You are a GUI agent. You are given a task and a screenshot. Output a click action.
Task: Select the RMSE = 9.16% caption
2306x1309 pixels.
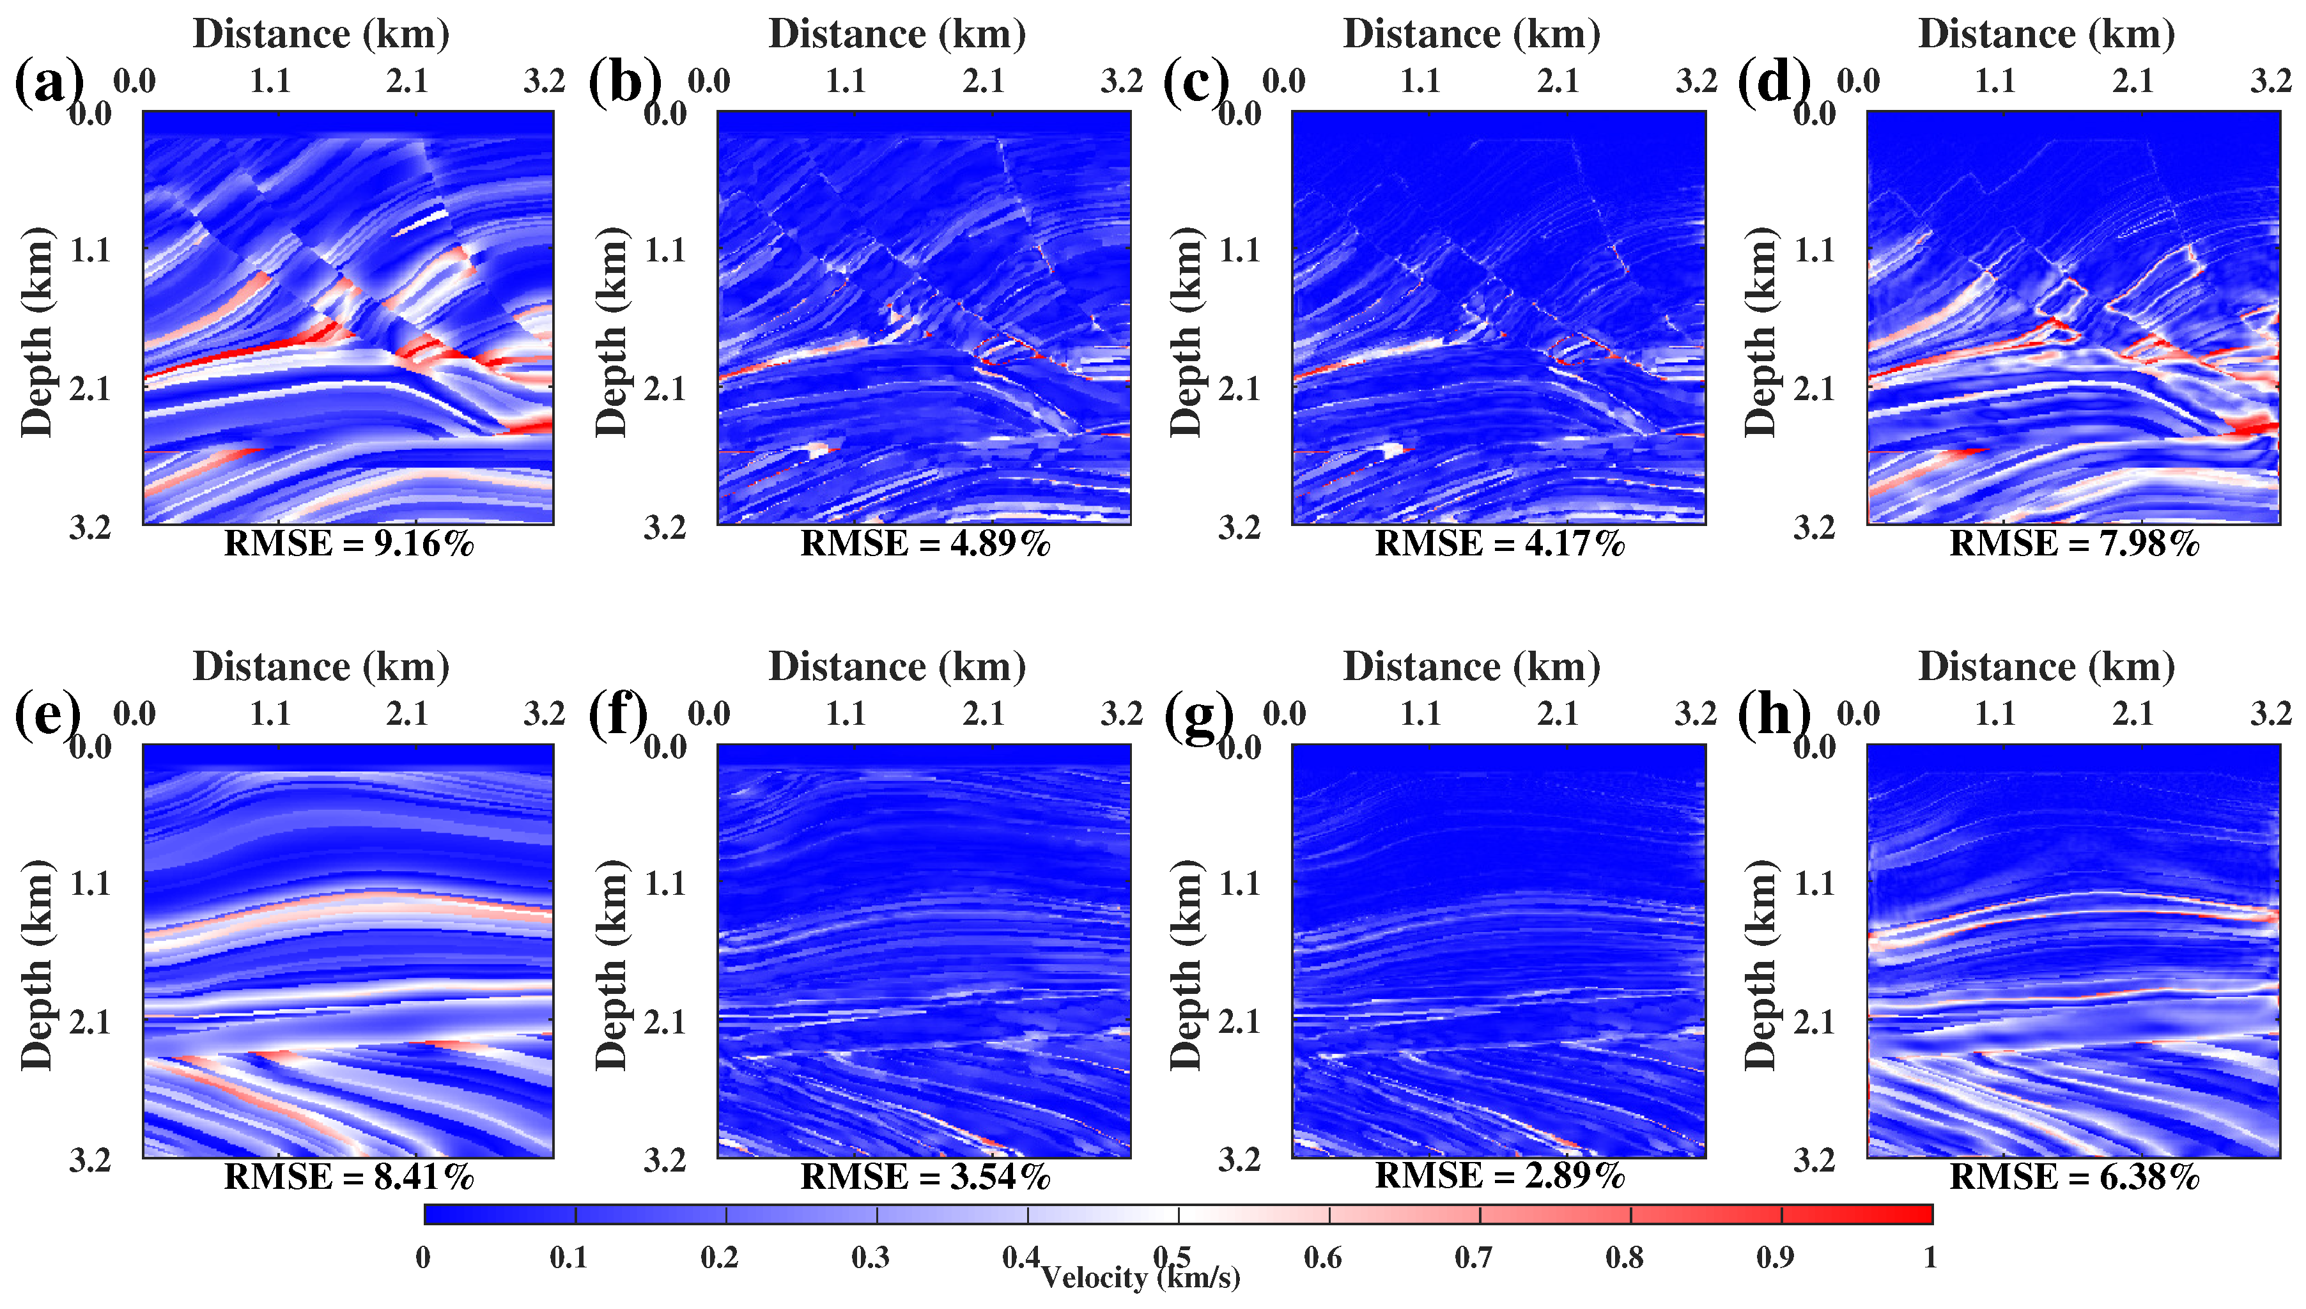point(349,544)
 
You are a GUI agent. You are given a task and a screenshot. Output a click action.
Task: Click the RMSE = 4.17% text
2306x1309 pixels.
point(1499,544)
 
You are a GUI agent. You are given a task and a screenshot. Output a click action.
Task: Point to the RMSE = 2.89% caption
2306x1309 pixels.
point(1499,1176)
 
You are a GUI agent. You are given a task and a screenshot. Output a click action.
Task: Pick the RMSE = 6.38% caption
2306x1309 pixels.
point(2074,1176)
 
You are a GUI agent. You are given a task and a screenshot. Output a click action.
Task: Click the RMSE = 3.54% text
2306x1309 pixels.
point(925,1176)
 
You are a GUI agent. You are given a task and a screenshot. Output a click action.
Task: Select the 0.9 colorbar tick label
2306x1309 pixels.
point(1776,1257)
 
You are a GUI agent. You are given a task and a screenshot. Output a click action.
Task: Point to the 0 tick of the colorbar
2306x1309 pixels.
point(424,1257)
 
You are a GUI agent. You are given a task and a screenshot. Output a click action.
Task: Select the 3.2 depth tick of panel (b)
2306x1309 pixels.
point(665,528)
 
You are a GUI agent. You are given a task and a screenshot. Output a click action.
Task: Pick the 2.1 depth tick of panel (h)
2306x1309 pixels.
point(1815,1022)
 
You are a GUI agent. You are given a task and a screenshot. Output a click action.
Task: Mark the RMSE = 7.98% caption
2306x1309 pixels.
point(2074,544)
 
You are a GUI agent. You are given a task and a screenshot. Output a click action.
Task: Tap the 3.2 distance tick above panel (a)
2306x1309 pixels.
point(545,81)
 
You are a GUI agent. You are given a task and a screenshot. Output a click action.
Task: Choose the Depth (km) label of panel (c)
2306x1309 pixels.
point(1187,332)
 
